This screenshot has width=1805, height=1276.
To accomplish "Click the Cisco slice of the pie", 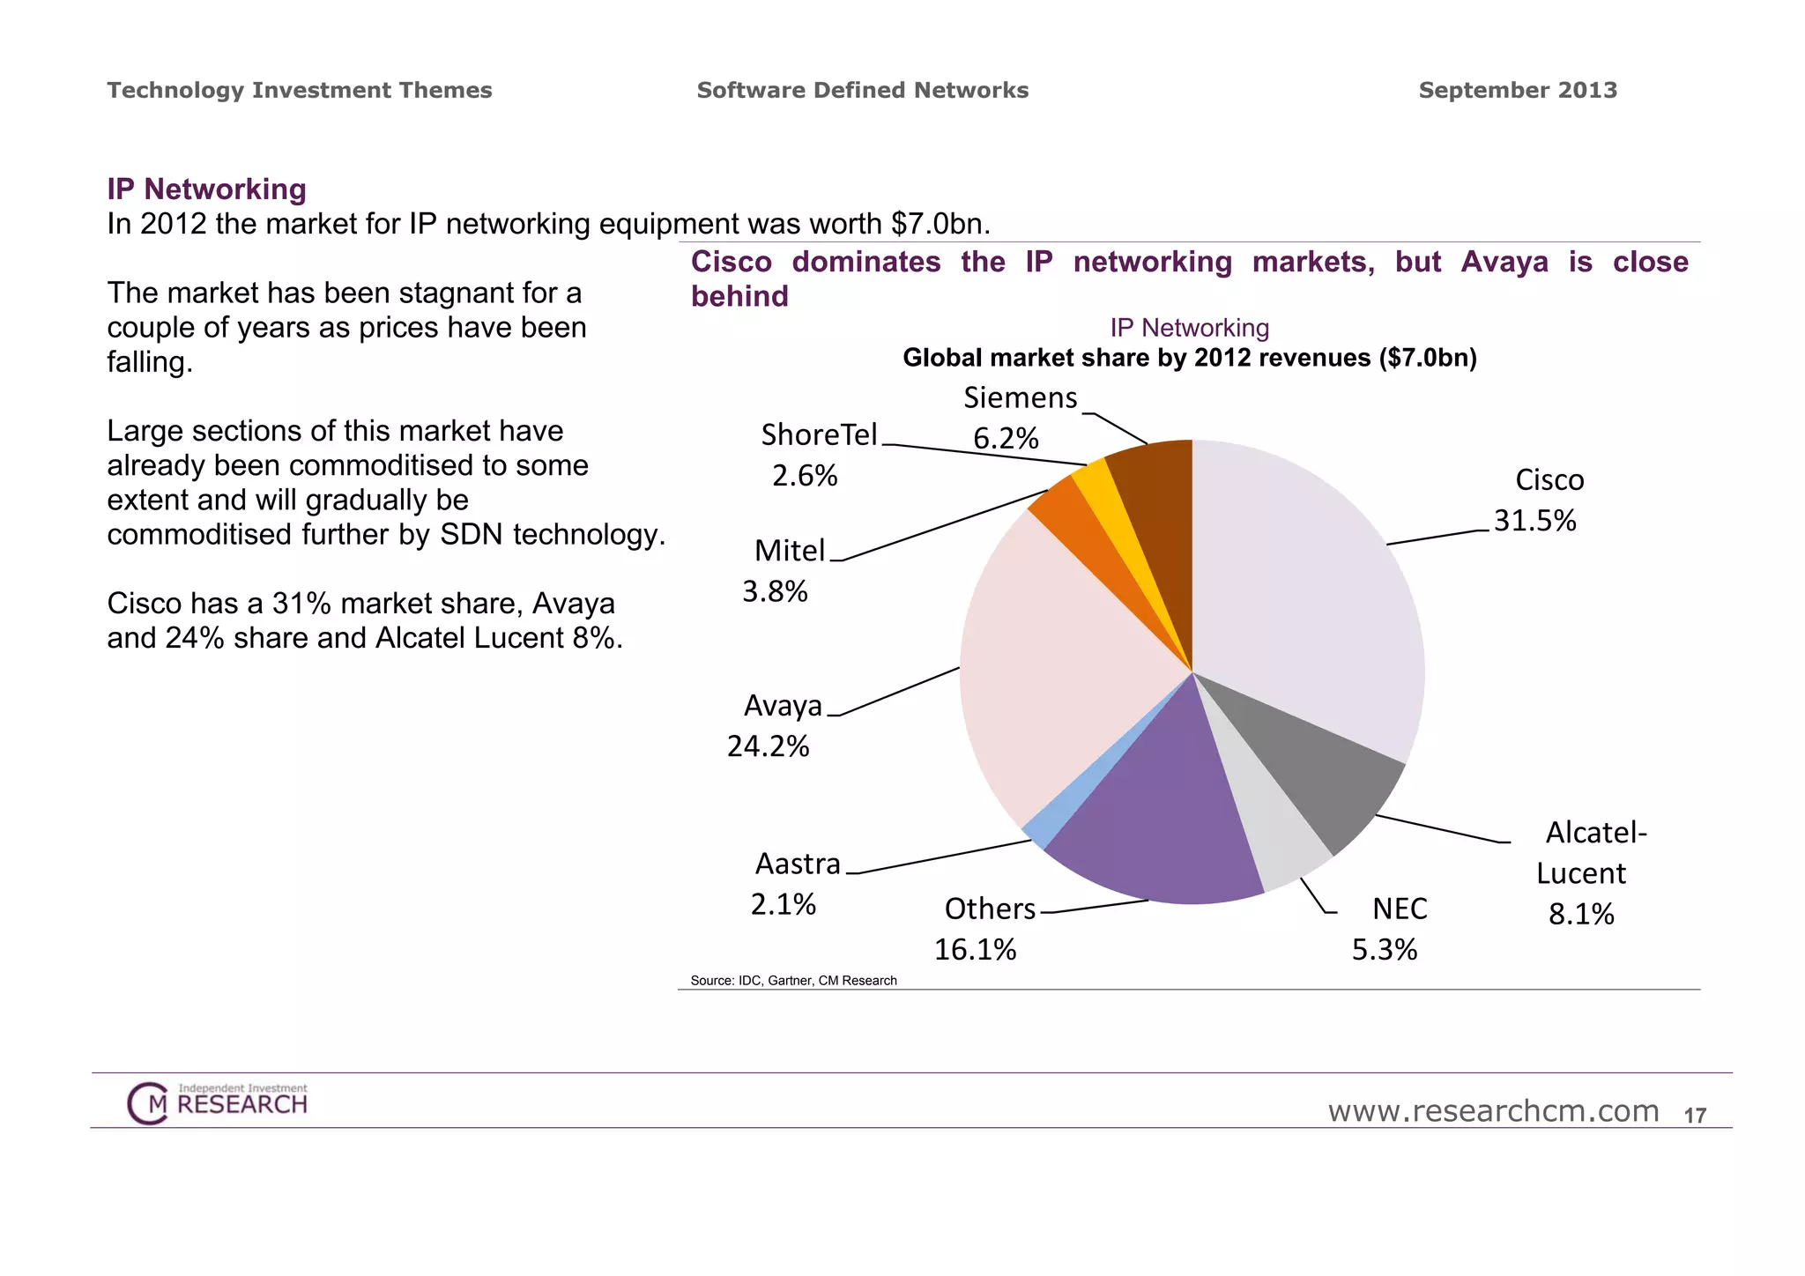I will click(x=1313, y=599).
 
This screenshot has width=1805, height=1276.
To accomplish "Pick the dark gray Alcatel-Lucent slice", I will click(x=1322, y=775).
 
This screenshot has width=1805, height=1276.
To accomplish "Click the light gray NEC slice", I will click(x=1269, y=837).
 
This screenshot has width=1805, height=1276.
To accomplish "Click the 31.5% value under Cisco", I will click(x=1534, y=521).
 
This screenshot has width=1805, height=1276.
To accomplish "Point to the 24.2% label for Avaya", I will click(x=768, y=746).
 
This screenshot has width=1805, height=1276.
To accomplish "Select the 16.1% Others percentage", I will click(x=975, y=950).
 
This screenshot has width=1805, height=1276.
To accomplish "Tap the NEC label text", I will click(x=1400, y=909).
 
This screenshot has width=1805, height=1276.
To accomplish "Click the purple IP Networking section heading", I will click(x=206, y=189).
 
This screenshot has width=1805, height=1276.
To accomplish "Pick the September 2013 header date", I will click(x=1518, y=90).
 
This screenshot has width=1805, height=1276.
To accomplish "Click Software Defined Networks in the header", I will click(x=862, y=90).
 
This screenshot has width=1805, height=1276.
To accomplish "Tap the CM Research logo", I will click(x=217, y=1103).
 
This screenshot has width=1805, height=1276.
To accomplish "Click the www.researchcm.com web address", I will click(x=1493, y=1111).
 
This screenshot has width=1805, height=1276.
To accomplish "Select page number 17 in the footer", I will click(x=1695, y=1116).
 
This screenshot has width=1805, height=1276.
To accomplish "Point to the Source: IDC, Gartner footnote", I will click(x=793, y=981).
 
